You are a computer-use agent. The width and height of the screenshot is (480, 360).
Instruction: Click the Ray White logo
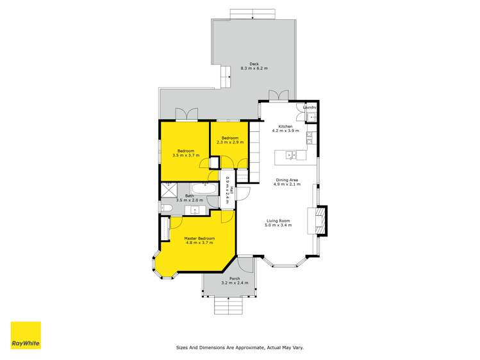26,336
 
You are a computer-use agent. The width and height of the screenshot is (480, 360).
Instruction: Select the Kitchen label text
285,127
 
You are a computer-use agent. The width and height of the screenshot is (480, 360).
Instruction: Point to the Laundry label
310,108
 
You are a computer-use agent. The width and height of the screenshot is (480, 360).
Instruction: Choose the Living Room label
279,221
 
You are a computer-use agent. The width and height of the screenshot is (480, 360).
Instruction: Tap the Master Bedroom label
199,238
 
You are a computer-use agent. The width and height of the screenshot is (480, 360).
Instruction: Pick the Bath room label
190,196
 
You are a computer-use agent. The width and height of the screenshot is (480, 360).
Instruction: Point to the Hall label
231,191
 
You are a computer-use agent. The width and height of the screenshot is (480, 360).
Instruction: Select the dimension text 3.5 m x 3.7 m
185,155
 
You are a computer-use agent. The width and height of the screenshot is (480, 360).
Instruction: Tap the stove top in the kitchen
310,136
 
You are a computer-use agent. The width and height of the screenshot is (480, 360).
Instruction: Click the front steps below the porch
229,307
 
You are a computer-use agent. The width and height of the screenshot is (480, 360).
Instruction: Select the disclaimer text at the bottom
240,348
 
